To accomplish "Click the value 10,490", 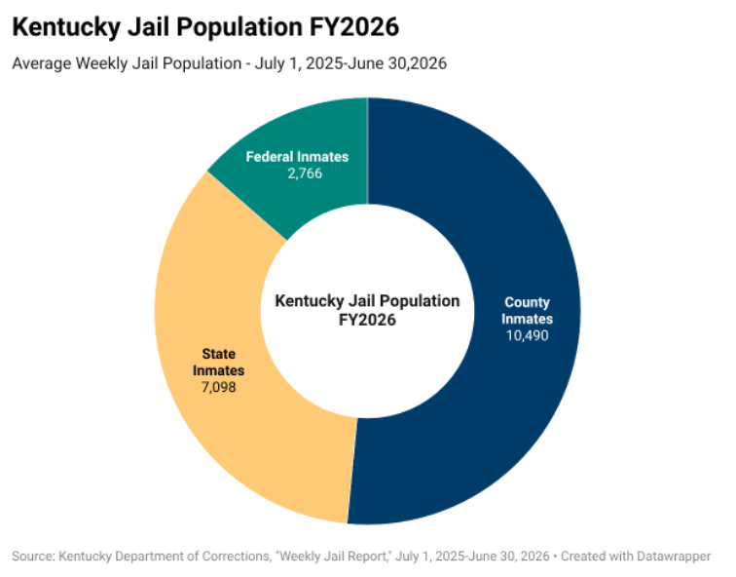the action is pos(527,335).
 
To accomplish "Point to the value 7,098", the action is pos(219,387).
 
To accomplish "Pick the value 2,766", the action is pos(305,173).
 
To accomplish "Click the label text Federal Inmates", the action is pos(297,157).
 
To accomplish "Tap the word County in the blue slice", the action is pos(527,302).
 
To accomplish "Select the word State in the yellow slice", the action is pos(219,354).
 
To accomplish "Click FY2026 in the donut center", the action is pos(368,320).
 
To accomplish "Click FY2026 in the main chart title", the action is pos(354,26).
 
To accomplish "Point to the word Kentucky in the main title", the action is pos(66,27).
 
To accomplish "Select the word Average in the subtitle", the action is pos(42,63).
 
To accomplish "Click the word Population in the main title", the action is pos(239,27).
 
